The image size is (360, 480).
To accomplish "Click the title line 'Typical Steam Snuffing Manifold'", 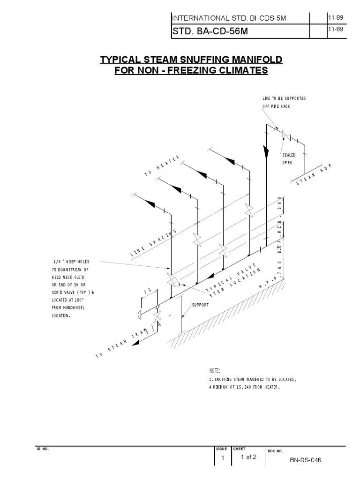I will pyautogui.click(x=192, y=60).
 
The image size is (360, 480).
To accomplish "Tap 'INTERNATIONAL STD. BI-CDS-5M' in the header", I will pyautogui.click(x=229, y=18).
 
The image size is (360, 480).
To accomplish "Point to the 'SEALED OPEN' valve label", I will pyautogui.click(x=287, y=158).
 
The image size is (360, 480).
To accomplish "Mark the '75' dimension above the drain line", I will pyautogui.click(x=148, y=291).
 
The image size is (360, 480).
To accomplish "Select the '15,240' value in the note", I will pyautogui.click(x=248, y=387).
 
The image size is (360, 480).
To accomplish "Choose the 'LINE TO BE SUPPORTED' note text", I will pyautogui.click(x=284, y=98).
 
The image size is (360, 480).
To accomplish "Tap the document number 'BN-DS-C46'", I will pyautogui.click(x=306, y=460).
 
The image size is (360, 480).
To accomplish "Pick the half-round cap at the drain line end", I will pyautogui.click(x=140, y=314).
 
